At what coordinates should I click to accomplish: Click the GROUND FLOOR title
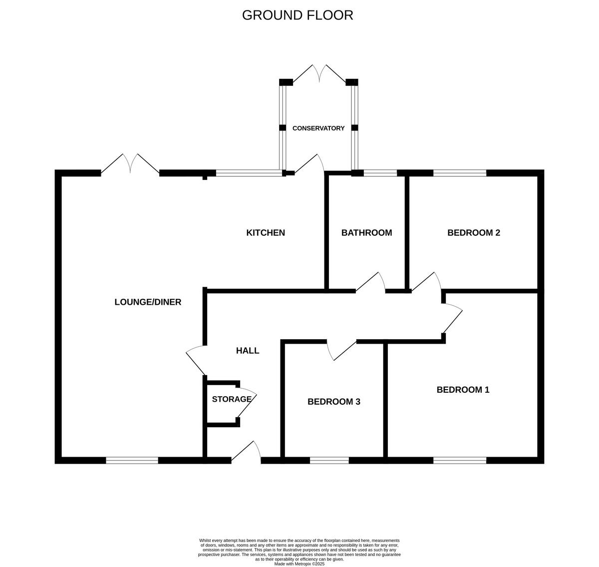click(x=298, y=15)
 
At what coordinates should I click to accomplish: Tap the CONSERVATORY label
click(x=318, y=128)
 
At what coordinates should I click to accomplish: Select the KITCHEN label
click(x=266, y=233)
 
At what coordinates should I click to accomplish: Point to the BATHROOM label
click(x=366, y=233)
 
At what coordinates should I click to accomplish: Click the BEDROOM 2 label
click(x=473, y=233)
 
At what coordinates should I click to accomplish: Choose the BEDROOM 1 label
click(x=463, y=390)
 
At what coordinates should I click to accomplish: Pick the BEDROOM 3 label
click(x=334, y=402)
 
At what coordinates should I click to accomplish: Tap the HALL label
click(x=248, y=351)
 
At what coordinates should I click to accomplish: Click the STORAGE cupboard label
click(x=232, y=399)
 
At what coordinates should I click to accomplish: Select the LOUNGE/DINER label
click(x=148, y=302)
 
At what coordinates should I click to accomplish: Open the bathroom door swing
click(x=371, y=282)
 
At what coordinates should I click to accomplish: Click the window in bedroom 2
click(x=459, y=173)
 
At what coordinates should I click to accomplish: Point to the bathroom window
click(x=380, y=173)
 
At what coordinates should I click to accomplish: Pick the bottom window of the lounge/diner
click(x=132, y=461)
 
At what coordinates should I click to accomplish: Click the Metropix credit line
click(x=299, y=564)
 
